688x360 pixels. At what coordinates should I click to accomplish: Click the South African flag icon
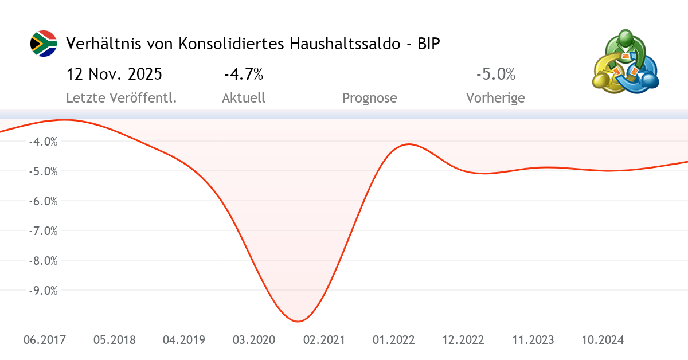[x=44, y=44]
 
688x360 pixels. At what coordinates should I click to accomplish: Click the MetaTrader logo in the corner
[x=625, y=62]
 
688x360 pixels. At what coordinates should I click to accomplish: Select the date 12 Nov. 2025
[x=114, y=75]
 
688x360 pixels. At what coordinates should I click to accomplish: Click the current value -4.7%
[x=244, y=75]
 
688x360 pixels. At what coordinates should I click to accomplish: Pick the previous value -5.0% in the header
[x=495, y=75]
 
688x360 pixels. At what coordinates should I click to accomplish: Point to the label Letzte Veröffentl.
[x=121, y=98]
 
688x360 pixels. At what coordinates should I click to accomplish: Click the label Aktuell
[x=244, y=98]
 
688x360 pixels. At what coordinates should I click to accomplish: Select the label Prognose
[x=369, y=98]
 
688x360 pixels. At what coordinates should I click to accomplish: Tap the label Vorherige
[x=495, y=98]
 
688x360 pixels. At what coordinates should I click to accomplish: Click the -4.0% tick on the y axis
[x=42, y=141]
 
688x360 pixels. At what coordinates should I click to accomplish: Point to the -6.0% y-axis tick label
[x=42, y=201]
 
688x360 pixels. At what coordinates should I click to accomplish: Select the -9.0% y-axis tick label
[x=42, y=291]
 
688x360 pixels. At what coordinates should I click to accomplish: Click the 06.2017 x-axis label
[x=45, y=340]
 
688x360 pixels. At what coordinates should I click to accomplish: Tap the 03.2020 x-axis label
[x=254, y=340]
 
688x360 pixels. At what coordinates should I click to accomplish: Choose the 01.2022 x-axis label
[x=393, y=340]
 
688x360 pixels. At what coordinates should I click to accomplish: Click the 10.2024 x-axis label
[x=603, y=340]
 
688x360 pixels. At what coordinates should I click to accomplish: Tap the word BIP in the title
[x=429, y=44]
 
